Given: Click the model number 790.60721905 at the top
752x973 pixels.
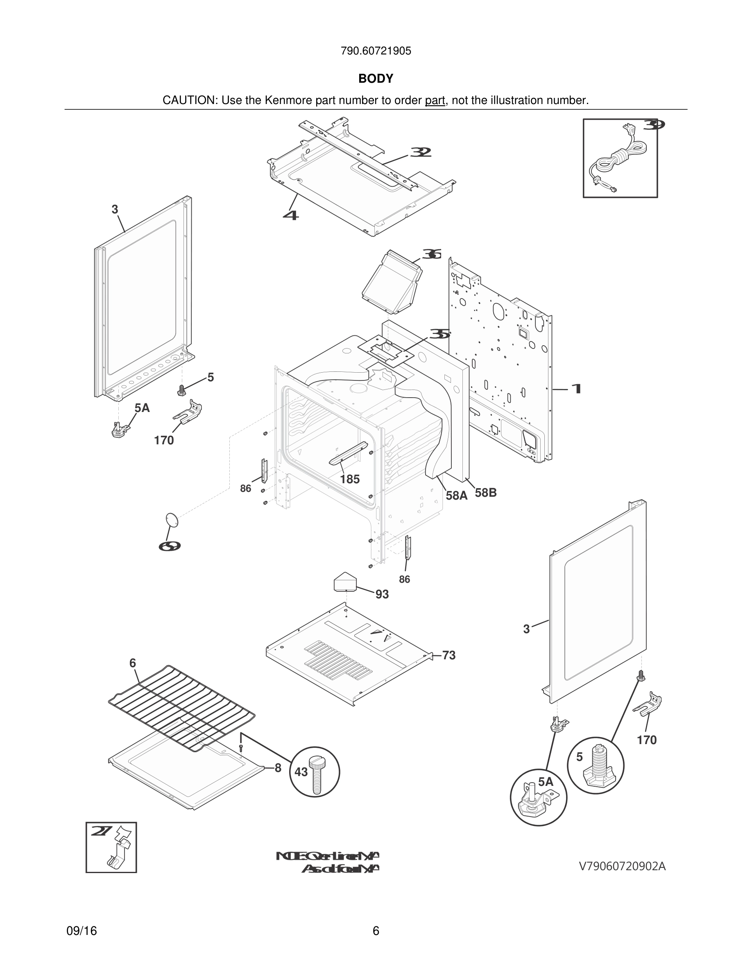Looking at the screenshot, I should (376, 51).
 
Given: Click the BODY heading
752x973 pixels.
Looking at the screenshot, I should (376, 79).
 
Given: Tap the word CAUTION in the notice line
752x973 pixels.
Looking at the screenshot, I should (189, 101).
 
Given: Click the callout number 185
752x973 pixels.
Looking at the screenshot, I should (350, 480).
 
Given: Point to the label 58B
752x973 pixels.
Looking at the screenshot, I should (486, 493).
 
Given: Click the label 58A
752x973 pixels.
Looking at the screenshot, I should (457, 496).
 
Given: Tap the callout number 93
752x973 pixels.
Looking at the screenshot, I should (382, 594).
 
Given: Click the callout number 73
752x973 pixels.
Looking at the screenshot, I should (448, 655).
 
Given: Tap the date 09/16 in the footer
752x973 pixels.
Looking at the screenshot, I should (82, 931).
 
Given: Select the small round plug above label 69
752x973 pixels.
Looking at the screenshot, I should (172, 520).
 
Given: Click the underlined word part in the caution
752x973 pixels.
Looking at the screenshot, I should (435, 101).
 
